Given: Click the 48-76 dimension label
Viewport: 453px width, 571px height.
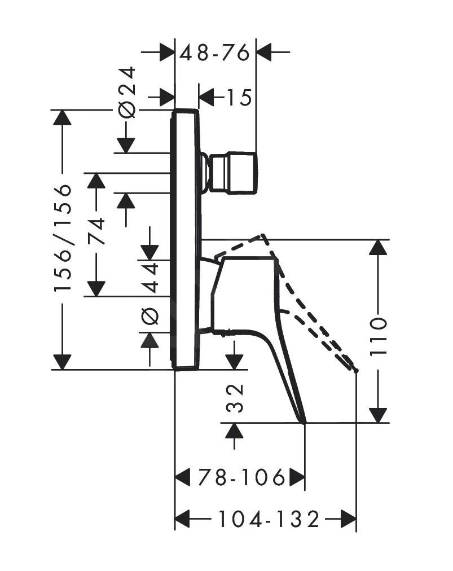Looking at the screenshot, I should (x=215, y=53).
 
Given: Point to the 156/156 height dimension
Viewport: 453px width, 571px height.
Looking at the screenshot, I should (x=63, y=237).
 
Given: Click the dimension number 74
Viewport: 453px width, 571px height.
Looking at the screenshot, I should (x=96, y=230).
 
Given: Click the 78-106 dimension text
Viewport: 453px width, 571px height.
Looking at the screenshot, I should (x=242, y=478).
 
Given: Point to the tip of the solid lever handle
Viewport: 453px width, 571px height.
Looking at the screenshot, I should (x=304, y=421).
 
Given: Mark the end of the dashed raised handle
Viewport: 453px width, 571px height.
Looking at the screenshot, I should (x=356, y=370).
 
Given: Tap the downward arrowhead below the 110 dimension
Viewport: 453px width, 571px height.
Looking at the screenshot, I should (x=379, y=414).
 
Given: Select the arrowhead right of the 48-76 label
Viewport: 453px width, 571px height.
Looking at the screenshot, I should (x=264, y=52).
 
